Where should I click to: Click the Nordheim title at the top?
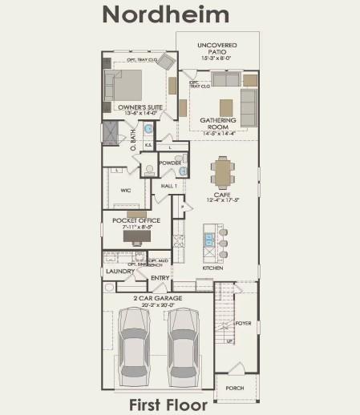coord(165,14)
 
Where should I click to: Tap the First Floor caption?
coord(168,405)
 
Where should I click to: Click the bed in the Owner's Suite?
coord(123,84)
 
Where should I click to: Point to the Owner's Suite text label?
coord(136,107)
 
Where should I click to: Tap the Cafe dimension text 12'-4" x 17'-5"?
coord(222,199)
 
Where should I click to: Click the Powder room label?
coord(169,163)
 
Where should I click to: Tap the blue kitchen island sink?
coord(208,239)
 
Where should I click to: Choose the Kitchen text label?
coord(212,268)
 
